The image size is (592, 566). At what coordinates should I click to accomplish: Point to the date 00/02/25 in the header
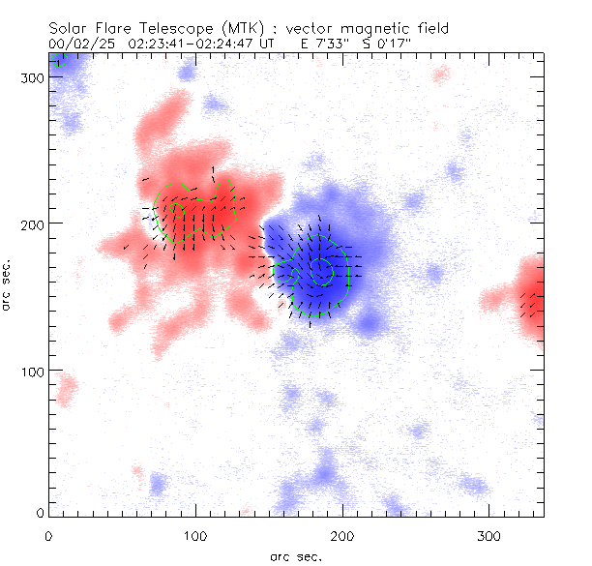pyautogui.click(x=78, y=44)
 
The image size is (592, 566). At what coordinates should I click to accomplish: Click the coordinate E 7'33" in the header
pyautogui.click(x=321, y=44)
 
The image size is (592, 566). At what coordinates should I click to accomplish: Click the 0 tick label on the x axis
pyautogui.click(x=48, y=535)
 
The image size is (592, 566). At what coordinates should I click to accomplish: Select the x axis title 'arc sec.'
pyautogui.click(x=295, y=556)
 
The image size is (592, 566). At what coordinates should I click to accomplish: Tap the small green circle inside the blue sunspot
pyautogui.click(x=319, y=269)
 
